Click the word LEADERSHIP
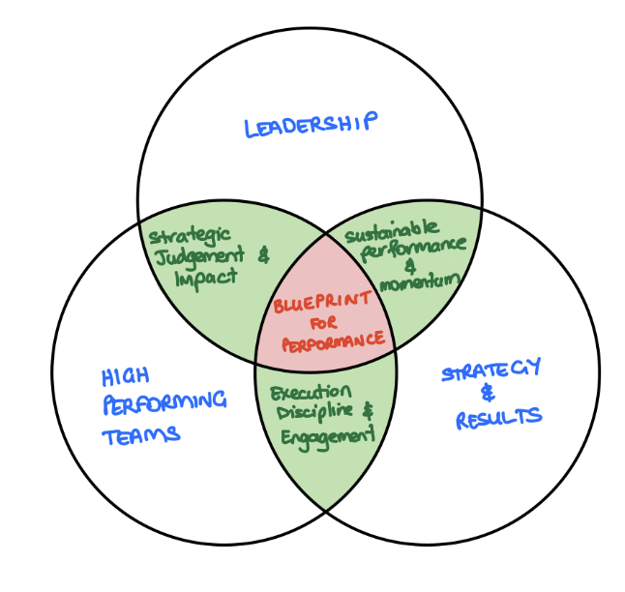click(310, 126)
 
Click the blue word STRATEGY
click(491, 372)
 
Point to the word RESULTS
click(499, 419)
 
